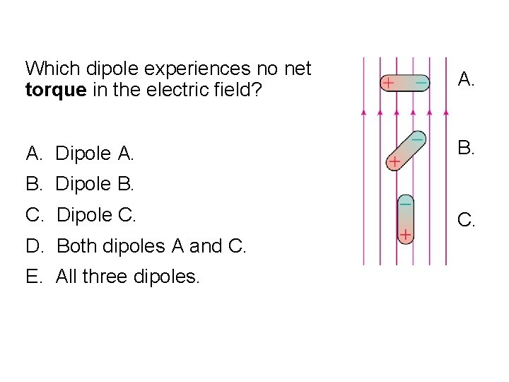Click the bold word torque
[x=52, y=91]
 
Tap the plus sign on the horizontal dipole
[x=388, y=83]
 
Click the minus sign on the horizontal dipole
[x=421, y=83]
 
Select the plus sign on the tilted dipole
[x=394, y=163]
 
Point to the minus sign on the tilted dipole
[x=417, y=139]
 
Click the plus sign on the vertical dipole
[x=406, y=233]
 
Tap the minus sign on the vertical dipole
[x=406, y=203]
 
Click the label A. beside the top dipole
[x=466, y=79]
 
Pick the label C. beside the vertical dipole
[x=466, y=221]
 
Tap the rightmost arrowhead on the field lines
[x=447, y=112]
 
